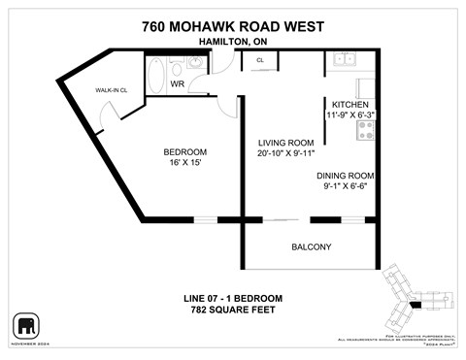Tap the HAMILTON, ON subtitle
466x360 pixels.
232,42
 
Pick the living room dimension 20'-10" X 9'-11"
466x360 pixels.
285,153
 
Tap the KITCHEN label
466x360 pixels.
350,104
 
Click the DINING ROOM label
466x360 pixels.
346,176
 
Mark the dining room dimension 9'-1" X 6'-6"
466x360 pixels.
345,187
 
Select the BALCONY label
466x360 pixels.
312,246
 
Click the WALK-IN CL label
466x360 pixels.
111,90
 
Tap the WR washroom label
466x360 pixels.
178,84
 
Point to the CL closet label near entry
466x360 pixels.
260,61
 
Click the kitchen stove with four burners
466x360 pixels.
366,129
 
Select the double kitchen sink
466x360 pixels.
344,59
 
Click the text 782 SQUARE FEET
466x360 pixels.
232,310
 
